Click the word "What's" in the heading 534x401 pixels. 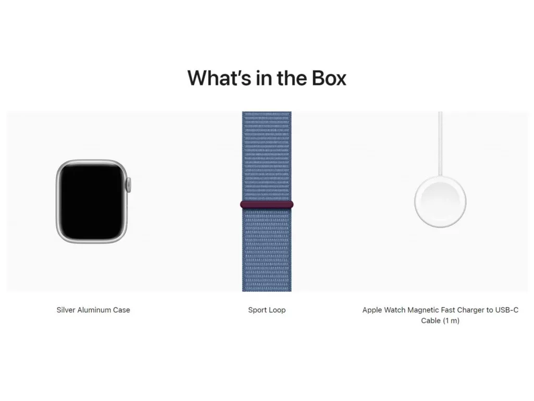coord(219,78)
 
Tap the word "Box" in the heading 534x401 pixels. coord(329,78)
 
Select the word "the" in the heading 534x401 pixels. coord(291,78)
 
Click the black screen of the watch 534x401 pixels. coord(92,202)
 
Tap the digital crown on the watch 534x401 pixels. coord(129,185)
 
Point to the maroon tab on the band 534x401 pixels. coord(266,205)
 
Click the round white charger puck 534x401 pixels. coord(440,202)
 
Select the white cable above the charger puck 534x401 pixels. coord(440,144)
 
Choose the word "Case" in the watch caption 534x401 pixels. coord(122,310)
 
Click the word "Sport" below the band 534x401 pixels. coord(257,310)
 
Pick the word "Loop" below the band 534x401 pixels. coord(277,310)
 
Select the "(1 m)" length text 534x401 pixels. coord(450,321)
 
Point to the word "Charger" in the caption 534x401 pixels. coord(471,310)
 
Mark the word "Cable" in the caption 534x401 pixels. coord(430,321)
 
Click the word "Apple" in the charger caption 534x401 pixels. coord(371,310)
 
